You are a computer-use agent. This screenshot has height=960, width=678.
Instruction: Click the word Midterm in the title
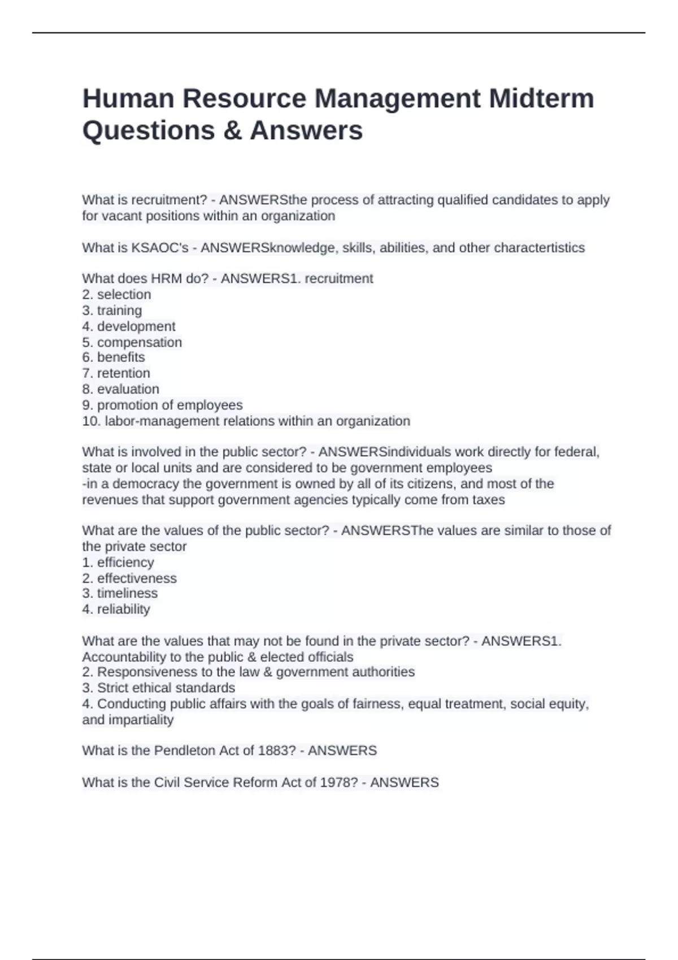pos(541,98)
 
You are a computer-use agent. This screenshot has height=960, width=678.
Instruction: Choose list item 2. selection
pos(116,294)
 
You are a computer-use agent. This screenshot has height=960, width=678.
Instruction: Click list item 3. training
pos(112,310)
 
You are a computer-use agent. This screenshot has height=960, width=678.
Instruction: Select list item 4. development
pos(129,326)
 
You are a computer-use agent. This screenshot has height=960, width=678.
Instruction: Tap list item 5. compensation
pos(132,342)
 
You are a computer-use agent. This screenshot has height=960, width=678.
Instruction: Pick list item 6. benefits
pos(114,357)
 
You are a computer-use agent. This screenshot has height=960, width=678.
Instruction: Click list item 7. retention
pos(116,373)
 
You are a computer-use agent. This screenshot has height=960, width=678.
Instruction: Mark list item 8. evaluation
pos(120,389)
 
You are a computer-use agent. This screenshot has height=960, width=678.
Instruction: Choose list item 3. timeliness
pos(120,594)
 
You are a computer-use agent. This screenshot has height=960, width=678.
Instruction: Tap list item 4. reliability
pos(116,609)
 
